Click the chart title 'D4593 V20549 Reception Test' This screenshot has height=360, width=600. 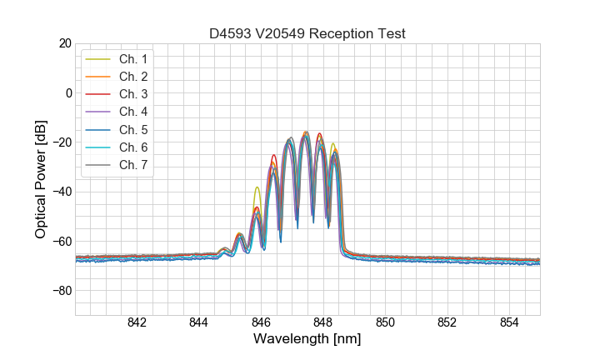[x=307, y=34]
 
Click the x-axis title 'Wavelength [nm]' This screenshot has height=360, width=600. [x=307, y=339]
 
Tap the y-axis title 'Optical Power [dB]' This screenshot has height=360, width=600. [x=41, y=179]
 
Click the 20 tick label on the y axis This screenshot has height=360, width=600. [x=64, y=43]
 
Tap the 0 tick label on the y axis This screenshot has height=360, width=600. [x=67, y=92]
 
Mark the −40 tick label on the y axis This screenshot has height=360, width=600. [x=61, y=192]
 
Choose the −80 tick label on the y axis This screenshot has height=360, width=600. [x=61, y=291]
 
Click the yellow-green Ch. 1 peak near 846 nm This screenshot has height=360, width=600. [x=257, y=188]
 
